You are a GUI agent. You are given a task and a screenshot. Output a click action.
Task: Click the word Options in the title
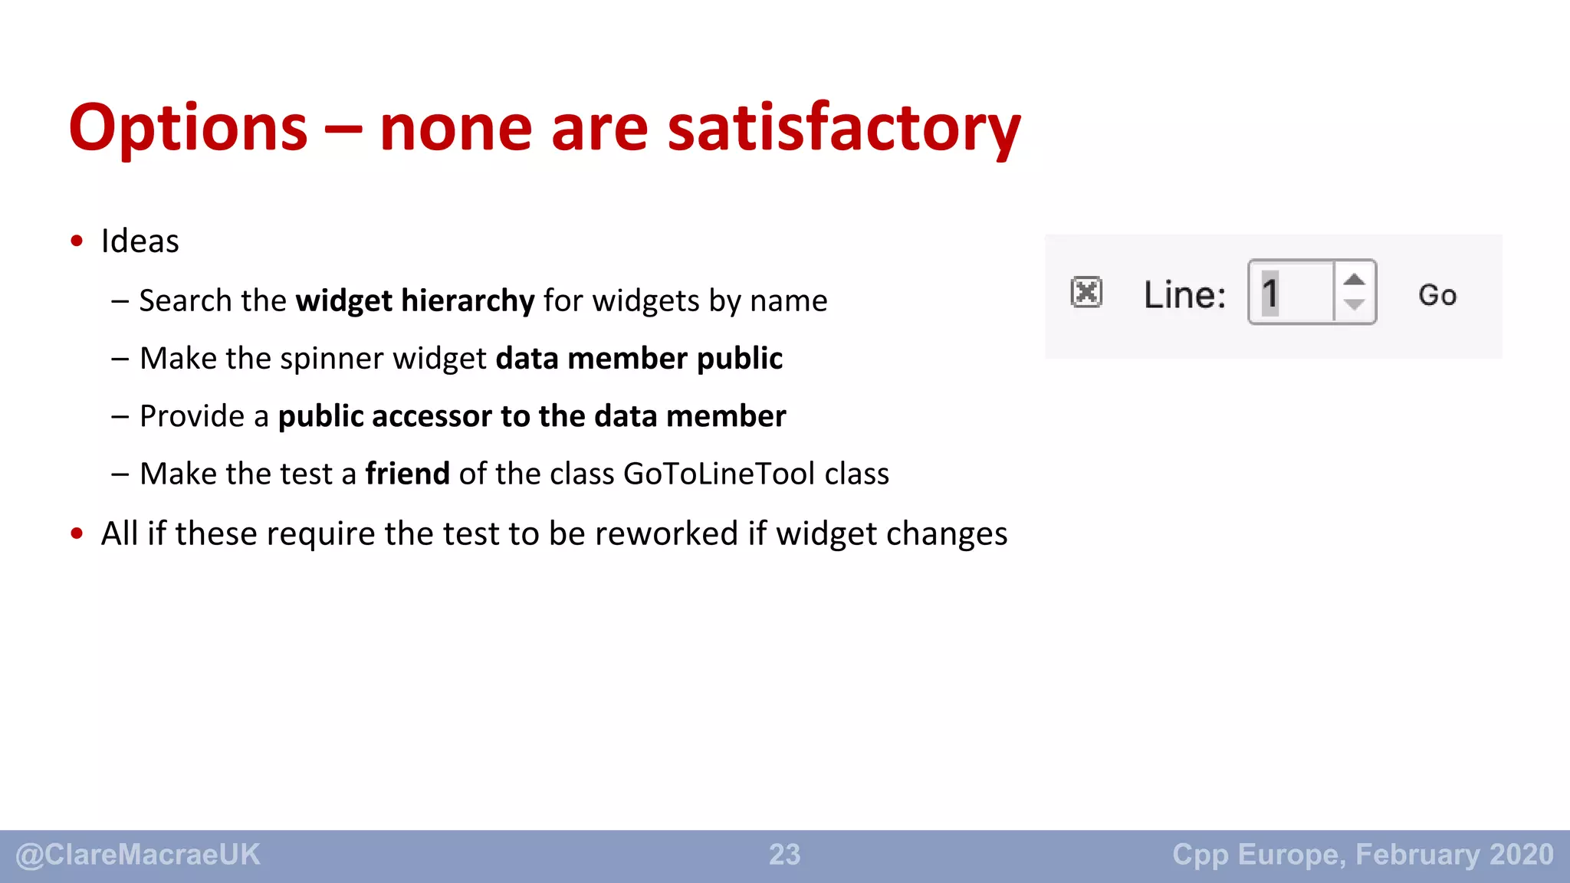tap(188, 128)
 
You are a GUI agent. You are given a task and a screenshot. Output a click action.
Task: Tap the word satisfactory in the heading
tap(844, 128)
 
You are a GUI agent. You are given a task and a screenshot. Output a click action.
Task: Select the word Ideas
tap(140, 241)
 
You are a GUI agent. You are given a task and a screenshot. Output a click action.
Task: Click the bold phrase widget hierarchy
tap(415, 300)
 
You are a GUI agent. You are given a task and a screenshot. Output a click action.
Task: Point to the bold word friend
tap(407, 474)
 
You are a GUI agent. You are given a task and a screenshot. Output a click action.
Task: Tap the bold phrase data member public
tap(639, 358)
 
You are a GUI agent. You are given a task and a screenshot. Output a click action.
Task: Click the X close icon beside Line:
tap(1086, 292)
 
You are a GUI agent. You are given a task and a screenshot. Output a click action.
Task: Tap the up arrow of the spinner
tap(1355, 279)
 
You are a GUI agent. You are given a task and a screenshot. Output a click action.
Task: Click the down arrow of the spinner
tap(1355, 305)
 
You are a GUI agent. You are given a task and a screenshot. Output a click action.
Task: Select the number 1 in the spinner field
tap(1270, 294)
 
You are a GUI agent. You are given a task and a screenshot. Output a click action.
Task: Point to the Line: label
tap(1184, 294)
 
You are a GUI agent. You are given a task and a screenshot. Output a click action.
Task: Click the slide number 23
tap(784, 855)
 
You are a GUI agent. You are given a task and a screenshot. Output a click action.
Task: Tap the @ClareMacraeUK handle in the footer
tap(138, 855)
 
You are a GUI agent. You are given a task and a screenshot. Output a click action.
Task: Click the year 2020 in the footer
tap(1522, 854)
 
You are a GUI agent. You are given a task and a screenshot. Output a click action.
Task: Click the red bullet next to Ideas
tap(77, 241)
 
